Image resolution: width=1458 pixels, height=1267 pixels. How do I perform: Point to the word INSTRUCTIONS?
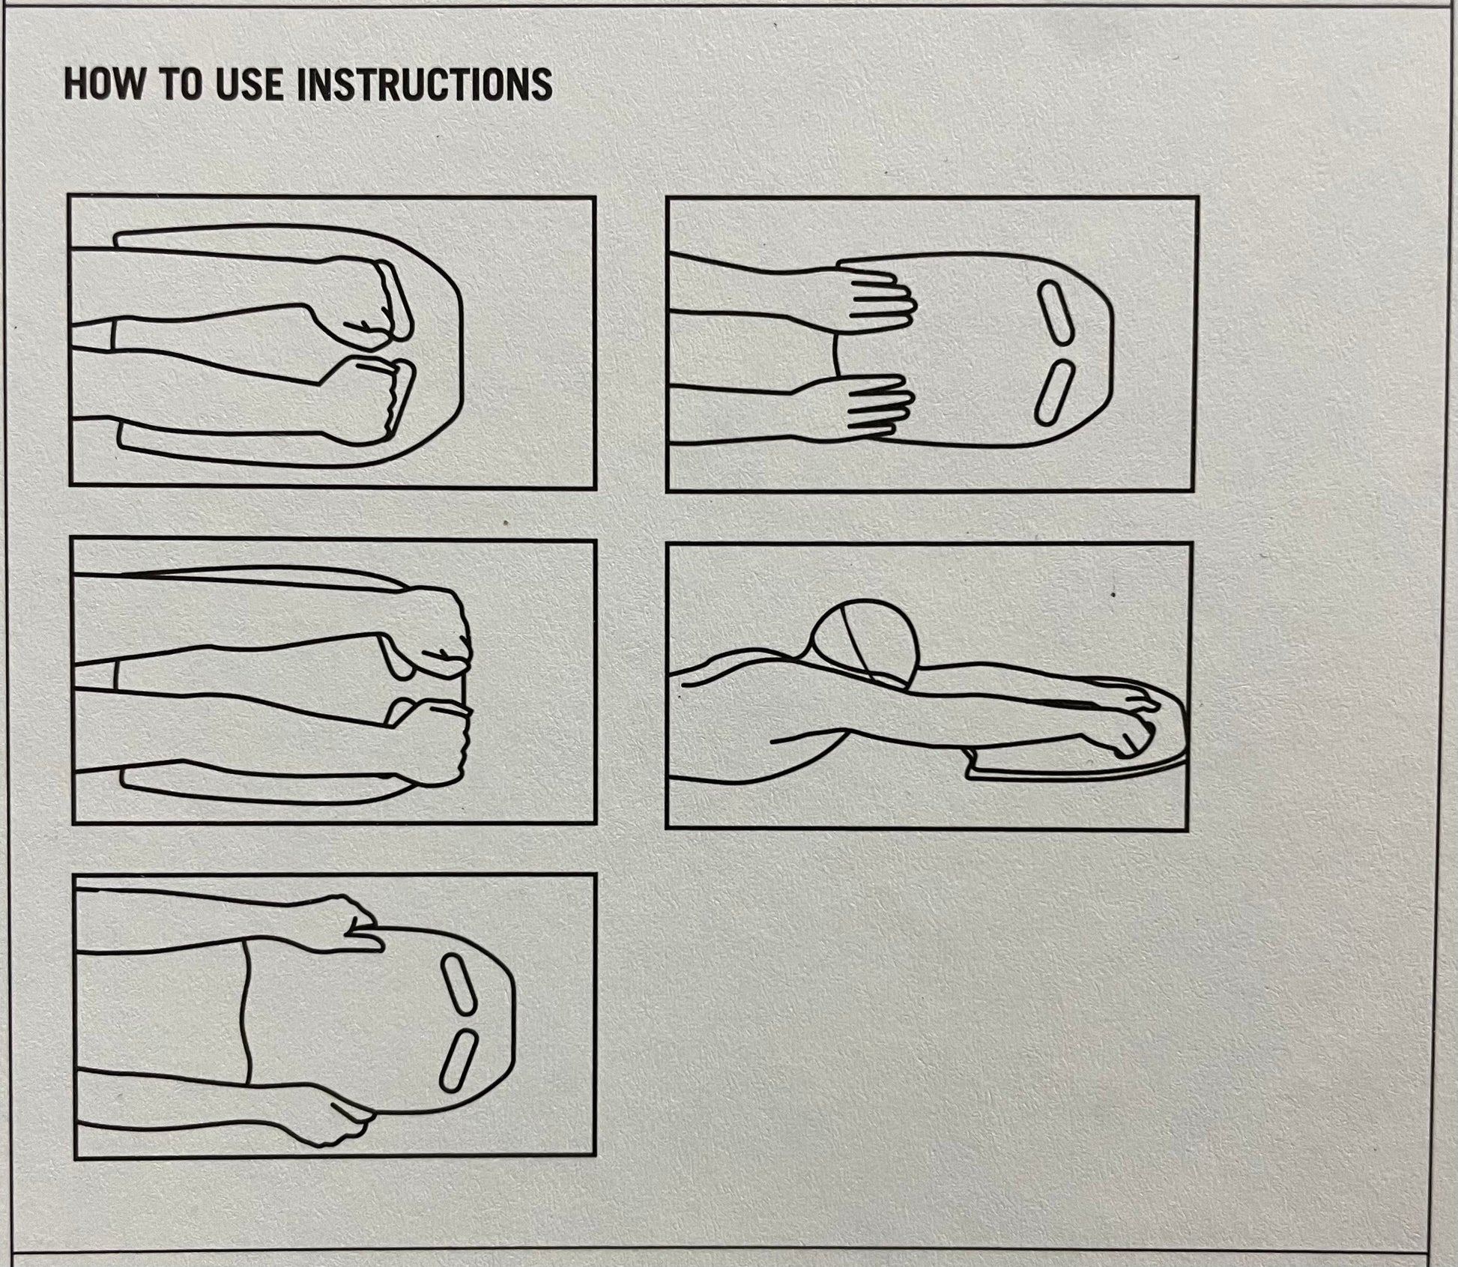[x=425, y=84]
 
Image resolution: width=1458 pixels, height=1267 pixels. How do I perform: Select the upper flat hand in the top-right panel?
[x=873, y=294]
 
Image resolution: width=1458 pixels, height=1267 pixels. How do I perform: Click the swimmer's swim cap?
[x=865, y=644]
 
